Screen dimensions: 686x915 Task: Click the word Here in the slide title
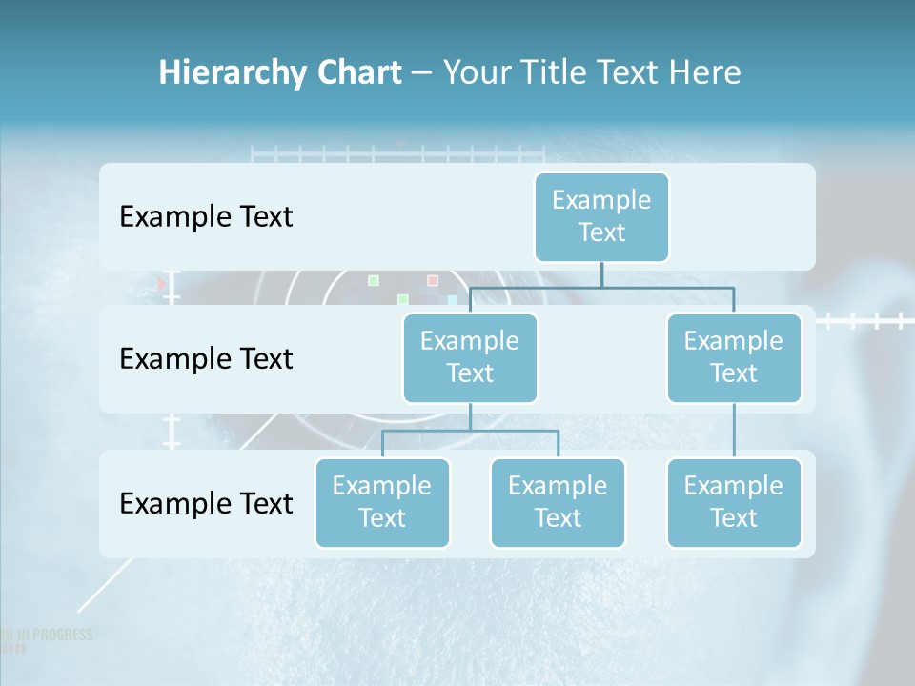703,73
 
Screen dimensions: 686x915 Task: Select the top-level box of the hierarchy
601,216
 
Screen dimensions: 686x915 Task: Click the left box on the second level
470,357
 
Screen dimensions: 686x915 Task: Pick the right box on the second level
734,357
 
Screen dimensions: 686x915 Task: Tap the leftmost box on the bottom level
382,502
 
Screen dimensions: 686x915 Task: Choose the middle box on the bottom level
558,502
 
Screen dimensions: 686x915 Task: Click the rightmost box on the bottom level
734,502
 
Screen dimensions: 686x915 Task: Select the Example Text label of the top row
206,216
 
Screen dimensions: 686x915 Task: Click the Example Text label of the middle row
206,358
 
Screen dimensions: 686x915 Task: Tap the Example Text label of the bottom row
206,503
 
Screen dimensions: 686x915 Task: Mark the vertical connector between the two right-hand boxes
734,430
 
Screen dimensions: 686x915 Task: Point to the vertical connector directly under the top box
601,274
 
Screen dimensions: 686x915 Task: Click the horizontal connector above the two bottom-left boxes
470,431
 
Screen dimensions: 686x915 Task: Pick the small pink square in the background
432,280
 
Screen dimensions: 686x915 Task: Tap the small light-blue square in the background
453,299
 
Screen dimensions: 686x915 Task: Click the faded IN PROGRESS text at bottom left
51,635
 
